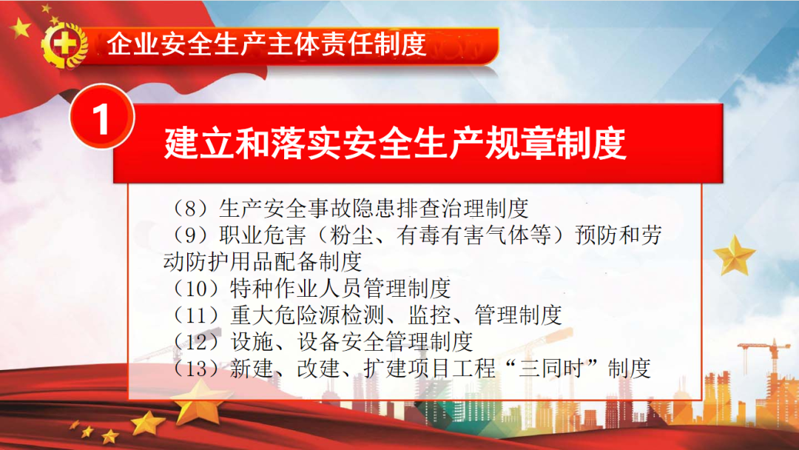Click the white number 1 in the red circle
coord(101,120)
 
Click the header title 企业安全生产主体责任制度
coord(266,44)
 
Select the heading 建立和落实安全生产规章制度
coord(395,143)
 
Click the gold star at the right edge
coord(735,255)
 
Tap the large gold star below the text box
coord(200,402)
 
